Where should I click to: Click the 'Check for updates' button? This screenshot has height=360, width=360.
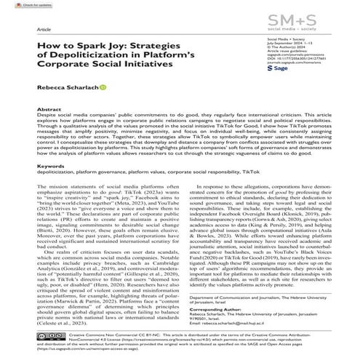(x=23, y=5)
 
